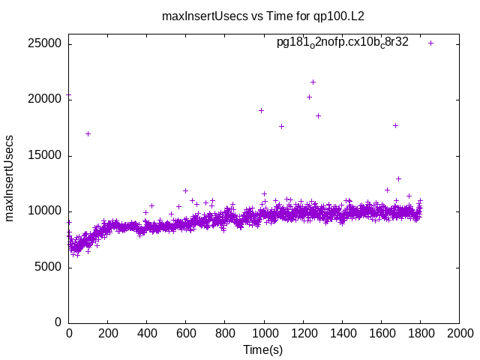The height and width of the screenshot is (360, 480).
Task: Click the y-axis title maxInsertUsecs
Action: point(10,178)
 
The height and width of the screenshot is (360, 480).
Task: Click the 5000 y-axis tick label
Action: point(49,267)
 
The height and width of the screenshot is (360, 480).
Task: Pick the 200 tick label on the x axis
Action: point(108,332)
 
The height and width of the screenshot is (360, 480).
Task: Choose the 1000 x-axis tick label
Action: point(264,332)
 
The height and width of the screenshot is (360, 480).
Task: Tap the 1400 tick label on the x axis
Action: point(342,332)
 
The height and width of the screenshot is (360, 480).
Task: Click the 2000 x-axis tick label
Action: point(459,332)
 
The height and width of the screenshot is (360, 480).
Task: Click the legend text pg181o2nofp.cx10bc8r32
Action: point(342,43)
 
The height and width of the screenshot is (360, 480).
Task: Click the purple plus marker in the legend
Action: point(430,43)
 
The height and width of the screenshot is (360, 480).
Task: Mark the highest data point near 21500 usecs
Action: point(313,82)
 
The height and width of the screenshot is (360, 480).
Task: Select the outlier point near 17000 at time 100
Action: point(88,133)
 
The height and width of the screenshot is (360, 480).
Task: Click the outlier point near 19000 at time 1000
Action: point(261,110)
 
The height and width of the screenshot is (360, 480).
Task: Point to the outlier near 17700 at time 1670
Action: point(395,125)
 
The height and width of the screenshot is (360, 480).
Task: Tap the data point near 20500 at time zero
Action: point(69,95)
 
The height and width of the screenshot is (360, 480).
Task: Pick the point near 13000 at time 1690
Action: point(398,178)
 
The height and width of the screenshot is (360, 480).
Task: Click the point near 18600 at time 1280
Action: point(318,115)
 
